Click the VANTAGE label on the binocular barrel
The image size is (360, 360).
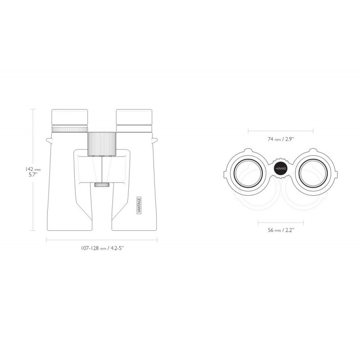139,205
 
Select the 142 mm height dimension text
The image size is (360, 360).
33,170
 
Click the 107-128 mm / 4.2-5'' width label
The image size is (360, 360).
103,248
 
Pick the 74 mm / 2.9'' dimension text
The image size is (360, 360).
281,139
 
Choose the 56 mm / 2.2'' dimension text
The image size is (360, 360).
281,230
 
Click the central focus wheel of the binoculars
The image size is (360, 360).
102,144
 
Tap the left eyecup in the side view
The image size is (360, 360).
70,117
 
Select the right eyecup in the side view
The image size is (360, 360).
134,117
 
